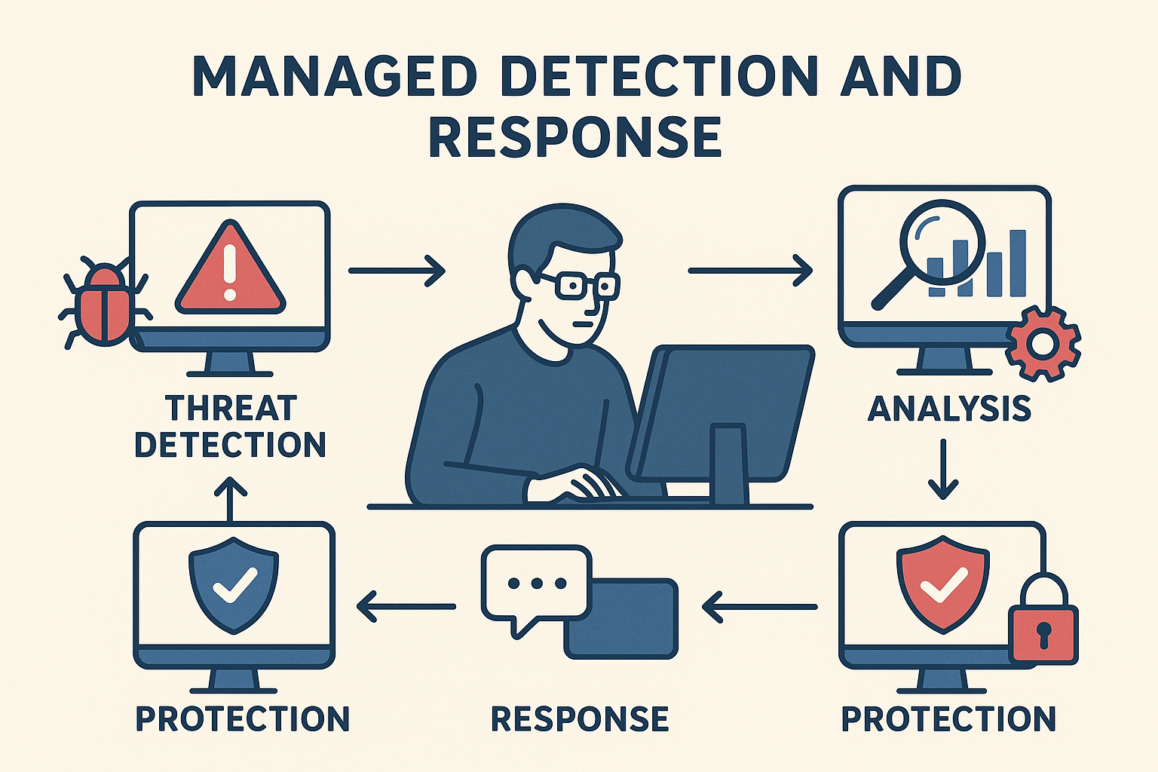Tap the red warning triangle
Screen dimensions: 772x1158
click(x=230, y=271)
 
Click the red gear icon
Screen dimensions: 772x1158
click(x=1043, y=343)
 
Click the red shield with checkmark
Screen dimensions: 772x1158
click(x=942, y=584)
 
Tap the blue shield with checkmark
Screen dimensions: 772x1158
click(x=234, y=584)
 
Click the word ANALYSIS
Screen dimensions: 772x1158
click(x=949, y=409)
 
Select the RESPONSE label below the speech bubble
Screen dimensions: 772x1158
click(x=579, y=718)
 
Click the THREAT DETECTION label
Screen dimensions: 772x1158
click(x=230, y=427)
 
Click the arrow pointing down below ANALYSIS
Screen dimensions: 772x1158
click(x=942, y=469)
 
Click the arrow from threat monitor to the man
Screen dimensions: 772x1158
click(x=397, y=270)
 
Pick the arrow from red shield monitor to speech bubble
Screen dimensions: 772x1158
click(x=759, y=606)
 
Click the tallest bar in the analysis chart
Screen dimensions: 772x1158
click(x=1017, y=263)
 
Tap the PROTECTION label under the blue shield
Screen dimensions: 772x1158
click(x=242, y=718)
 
